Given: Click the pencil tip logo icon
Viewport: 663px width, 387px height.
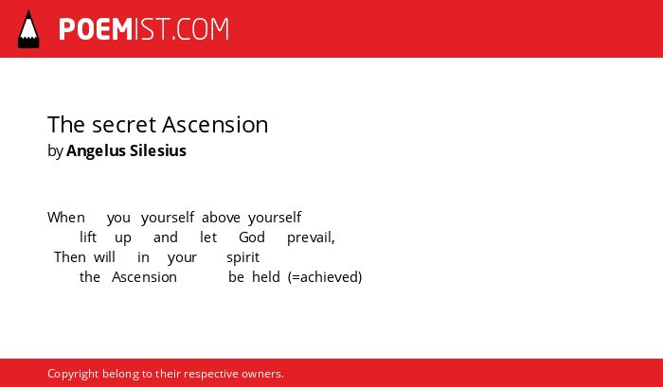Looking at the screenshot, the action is tap(28, 29).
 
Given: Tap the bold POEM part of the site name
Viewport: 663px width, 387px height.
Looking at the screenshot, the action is tap(96, 29).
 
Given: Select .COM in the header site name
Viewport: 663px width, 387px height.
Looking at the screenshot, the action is tap(201, 29).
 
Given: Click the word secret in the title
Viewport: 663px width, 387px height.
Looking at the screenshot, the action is tap(124, 125).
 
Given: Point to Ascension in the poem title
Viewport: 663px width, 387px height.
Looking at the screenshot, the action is tap(215, 125).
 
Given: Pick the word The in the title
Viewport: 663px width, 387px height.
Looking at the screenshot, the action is tap(67, 125).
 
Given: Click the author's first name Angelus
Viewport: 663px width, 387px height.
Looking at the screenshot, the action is tap(96, 151).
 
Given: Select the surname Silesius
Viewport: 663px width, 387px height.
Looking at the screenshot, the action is tap(158, 150).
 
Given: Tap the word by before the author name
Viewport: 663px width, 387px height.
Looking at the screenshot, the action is tap(55, 151).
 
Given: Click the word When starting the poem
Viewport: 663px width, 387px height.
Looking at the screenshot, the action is tap(66, 218).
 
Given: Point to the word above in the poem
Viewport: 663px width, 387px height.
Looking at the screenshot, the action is tap(221, 218).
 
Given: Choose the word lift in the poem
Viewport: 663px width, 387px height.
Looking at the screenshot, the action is tap(88, 237).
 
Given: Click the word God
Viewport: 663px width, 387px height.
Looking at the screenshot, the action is tap(252, 237).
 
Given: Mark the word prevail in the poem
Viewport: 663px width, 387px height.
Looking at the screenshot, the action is tap(310, 237).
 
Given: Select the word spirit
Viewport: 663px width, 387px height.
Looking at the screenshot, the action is tap(242, 257).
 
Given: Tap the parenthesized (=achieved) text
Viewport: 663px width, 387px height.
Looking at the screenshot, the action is tap(325, 277).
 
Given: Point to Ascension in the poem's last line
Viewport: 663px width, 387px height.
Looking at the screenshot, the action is tap(144, 277).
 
